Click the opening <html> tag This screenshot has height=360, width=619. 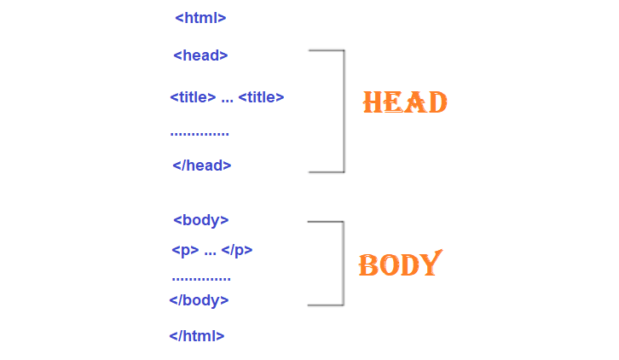click(200, 17)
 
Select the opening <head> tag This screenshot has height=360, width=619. click(200, 55)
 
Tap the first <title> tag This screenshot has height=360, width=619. click(193, 96)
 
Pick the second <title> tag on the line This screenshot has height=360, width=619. click(261, 96)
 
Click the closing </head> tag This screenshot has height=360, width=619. click(202, 165)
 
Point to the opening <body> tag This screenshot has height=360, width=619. click(201, 220)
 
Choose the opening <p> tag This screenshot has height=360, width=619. click(185, 250)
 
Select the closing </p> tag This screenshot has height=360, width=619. click(237, 250)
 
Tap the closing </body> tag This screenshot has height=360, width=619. click(199, 299)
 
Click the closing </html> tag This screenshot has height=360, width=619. click(197, 335)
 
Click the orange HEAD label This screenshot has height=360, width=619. click(405, 103)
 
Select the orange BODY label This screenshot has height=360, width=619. click(400, 264)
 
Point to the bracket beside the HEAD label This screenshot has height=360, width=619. click(343, 111)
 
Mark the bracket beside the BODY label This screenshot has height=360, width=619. click(342, 263)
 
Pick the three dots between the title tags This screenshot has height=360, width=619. click(227, 100)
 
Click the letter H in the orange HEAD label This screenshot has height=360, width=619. click(373, 103)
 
